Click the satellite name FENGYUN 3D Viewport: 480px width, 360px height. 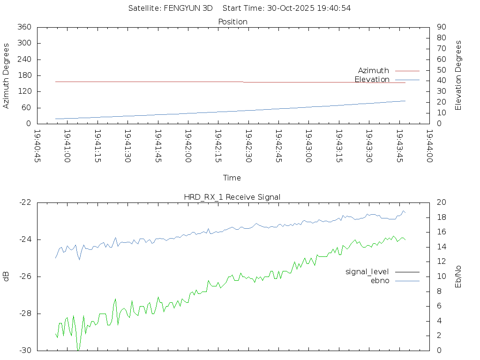point(188,8)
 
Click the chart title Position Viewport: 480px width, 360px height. point(233,22)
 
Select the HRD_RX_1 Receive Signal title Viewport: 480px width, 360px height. point(232,197)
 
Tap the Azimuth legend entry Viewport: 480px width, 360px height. point(374,70)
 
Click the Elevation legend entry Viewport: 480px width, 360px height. point(372,79)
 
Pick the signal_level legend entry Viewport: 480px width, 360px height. point(367,271)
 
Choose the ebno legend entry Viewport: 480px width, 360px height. point(380,280)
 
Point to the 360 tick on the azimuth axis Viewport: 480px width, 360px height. point(24,27)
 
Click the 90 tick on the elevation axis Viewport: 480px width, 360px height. point(441,27)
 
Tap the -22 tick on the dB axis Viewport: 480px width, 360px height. point(25,202)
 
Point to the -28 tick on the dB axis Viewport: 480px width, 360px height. point(25,314)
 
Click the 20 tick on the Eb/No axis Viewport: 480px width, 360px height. point(441,202)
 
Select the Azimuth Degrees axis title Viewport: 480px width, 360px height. point(7,75)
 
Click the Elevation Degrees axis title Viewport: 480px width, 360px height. point(458,75)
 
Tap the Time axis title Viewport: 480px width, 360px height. point(232,178)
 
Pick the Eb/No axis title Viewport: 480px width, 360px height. point(458,277)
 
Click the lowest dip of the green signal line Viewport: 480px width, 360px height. point(78,350)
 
